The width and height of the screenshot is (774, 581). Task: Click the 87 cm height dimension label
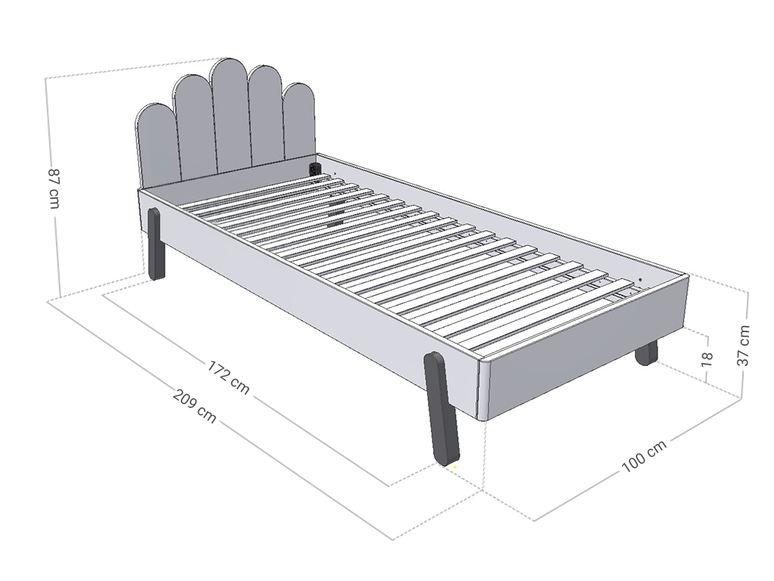pyautogui.click(x=54, y=188)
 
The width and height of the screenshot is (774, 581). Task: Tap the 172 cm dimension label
pyautogui.click(x=228, y=377)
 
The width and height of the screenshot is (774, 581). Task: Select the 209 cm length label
pyautogui.click(x=195, y=406)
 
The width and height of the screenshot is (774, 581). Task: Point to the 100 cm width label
pyautogui.click(x=644, y=455)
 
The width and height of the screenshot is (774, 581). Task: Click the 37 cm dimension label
pyautogui.click(x=743, y=346)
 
